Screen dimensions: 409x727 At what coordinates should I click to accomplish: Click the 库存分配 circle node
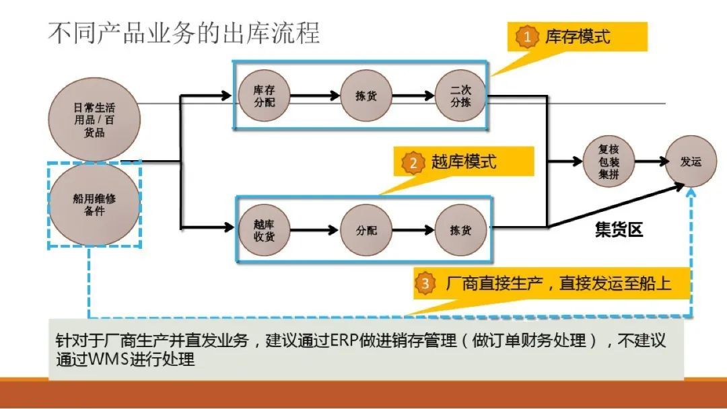point(264,96)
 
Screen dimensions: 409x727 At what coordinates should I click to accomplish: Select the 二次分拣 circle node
point(460,96)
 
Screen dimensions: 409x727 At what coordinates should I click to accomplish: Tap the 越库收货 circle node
point(264,230)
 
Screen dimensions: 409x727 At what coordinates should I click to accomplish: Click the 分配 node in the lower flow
point(366,230)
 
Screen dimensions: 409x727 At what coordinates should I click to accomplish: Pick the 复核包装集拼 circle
point(608,162)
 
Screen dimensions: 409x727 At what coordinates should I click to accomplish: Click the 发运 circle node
point(691,162)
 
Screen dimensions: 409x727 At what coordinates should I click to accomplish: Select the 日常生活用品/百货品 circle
point(94,120)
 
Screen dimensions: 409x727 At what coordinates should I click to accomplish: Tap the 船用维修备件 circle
point(94,204)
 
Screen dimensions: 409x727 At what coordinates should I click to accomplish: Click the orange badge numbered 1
point(527,37)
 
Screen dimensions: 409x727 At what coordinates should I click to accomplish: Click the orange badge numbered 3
point(425,283)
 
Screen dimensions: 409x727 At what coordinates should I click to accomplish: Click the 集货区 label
point(619,230)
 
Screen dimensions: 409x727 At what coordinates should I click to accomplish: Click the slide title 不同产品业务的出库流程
point(183,32)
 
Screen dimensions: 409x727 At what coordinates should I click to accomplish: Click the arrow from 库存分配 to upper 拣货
point(314,96)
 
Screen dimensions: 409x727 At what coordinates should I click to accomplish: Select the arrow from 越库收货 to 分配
point(314,230)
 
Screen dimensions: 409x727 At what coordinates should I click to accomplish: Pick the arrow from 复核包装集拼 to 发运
point(650,162)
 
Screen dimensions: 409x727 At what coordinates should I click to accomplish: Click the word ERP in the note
point(347,340)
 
